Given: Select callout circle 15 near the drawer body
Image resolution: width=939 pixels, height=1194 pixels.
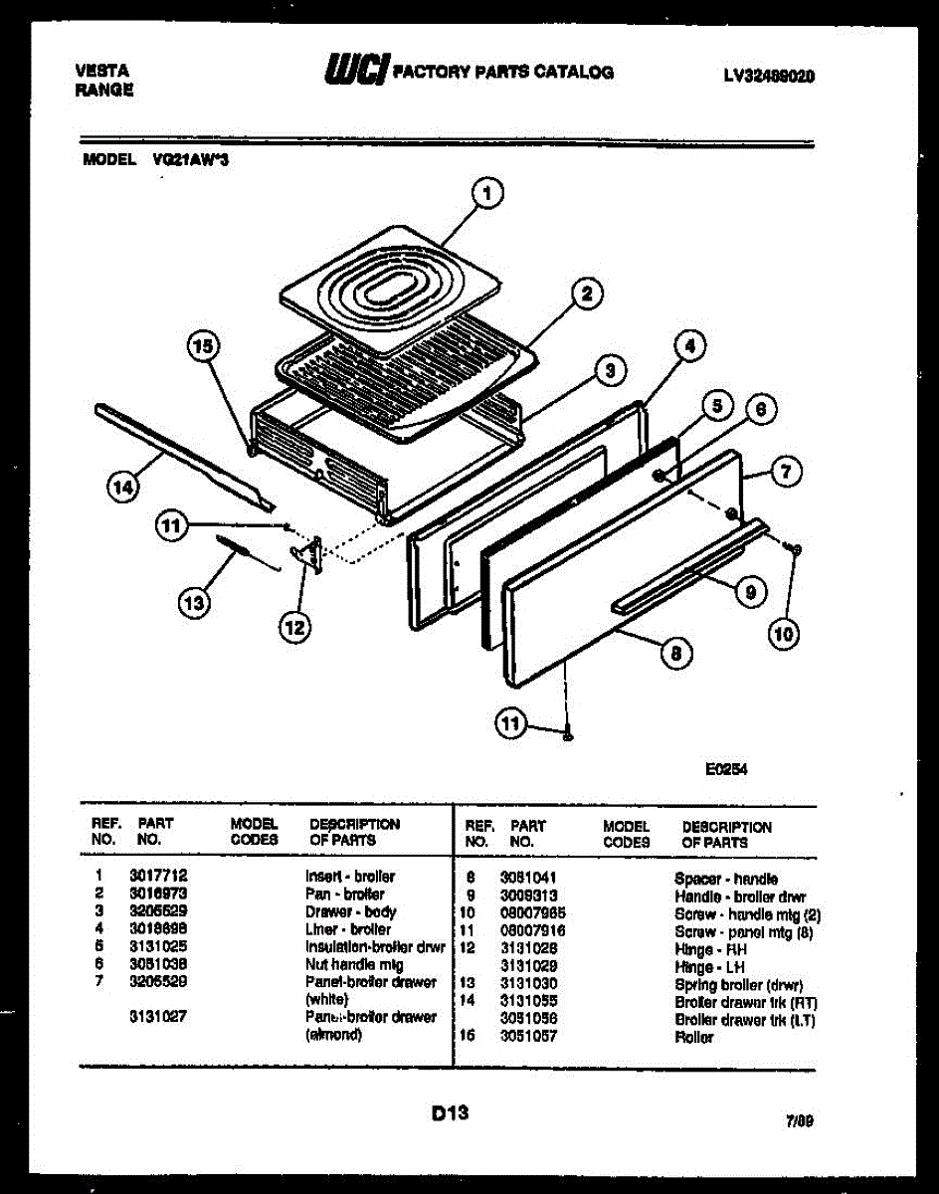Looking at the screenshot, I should pyautogui.click(x=203, y=347).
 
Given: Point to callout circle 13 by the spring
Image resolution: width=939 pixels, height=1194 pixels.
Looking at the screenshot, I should pyautogui.click(x=194, y=600).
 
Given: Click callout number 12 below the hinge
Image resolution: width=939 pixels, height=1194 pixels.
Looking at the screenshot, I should pyautogui.click(x=294, y=626).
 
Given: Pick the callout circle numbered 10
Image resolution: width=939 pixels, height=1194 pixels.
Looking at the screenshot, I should pyautogui.click(x=786, y=634).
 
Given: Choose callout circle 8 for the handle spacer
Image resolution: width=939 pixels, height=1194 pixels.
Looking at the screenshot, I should pyautogui.click(x=675, y=654).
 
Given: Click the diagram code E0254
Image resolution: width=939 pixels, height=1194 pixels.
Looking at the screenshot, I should pyautogui.click(x=727, y=768).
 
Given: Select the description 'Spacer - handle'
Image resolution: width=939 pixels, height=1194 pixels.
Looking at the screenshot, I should pyautogui.click(x=726, y=879).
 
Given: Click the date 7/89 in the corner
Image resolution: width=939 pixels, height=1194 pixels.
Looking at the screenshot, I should pyautogui.click(x=799, y=1121).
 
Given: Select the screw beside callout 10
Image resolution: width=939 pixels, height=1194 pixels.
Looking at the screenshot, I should pyautogui.click(x=793, y=549).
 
